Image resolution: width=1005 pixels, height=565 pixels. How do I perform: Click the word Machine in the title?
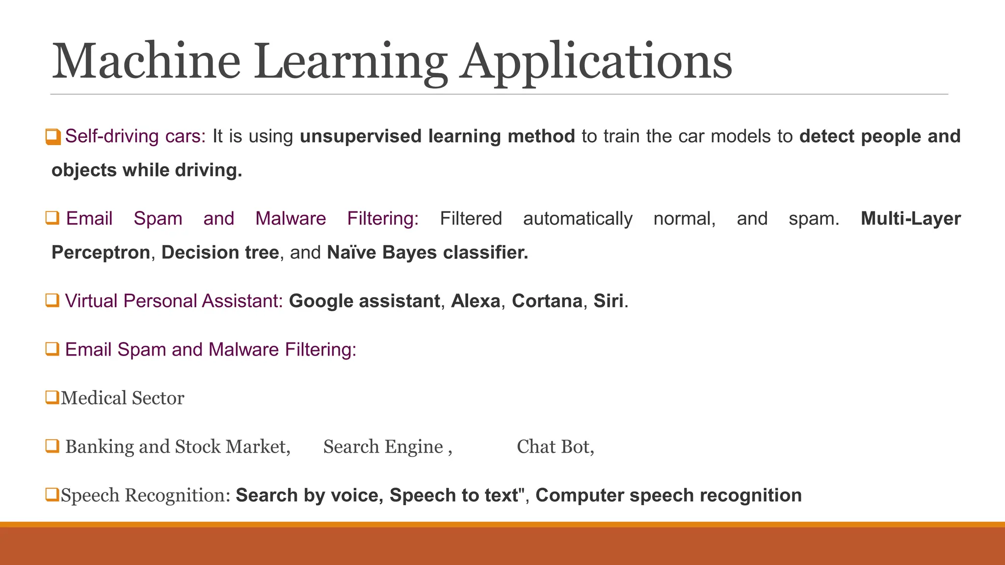pos(146,62)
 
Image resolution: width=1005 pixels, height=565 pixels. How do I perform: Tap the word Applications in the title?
pos(596,62)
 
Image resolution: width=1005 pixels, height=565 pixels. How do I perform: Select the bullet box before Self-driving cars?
pos(53,136)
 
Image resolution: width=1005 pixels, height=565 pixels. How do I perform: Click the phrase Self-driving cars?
pos(135,136)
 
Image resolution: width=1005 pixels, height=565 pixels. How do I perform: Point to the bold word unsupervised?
pos(360,136)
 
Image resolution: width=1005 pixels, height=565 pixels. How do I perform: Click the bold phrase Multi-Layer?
pos(910,219)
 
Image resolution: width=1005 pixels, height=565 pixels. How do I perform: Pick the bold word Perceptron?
pos(101,253)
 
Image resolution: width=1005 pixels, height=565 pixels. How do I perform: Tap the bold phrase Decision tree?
pos(220,253)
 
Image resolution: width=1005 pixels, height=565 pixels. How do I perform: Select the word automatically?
pos(578,219)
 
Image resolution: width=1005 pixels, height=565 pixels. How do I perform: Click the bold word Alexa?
pos(476,301)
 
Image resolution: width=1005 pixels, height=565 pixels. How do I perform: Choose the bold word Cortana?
pos(547,301)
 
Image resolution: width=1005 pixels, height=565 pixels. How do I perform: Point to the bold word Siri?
pos(608,301)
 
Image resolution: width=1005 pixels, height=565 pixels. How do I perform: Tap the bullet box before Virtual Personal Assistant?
pos(52,300)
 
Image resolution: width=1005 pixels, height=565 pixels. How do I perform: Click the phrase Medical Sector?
pos(123,398)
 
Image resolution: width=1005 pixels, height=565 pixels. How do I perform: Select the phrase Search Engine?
pos(383,447)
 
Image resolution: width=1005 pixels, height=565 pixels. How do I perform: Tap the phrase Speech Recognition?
pos(146,495)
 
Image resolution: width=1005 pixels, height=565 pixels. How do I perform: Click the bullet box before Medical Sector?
pos(52,397)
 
